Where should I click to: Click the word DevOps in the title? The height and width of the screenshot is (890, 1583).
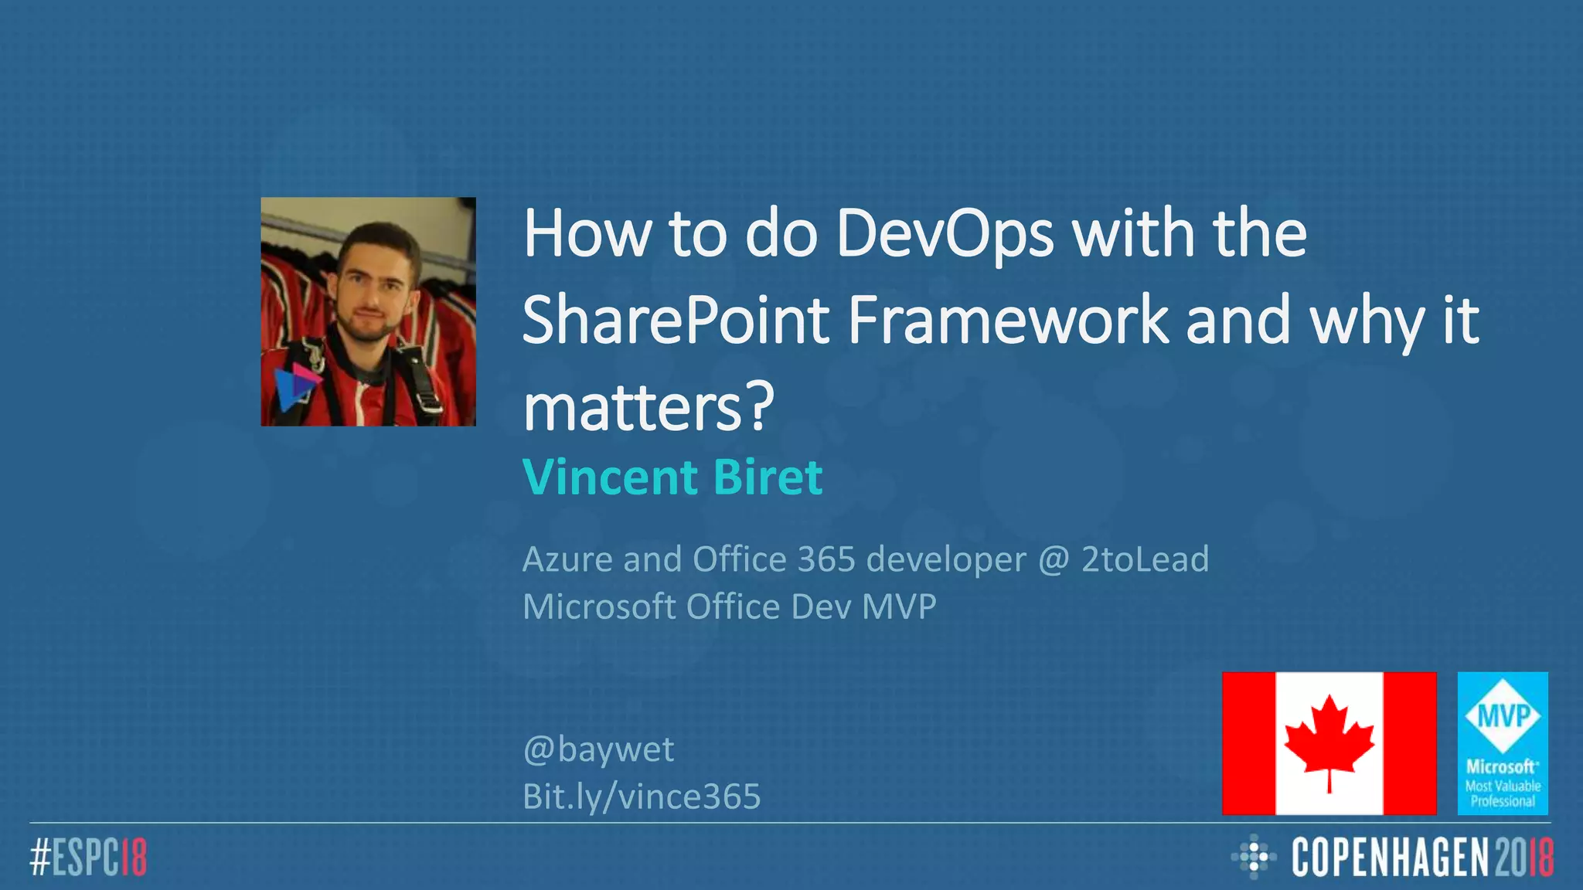coord(945,234)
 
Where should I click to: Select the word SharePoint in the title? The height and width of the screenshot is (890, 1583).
coord(675,321)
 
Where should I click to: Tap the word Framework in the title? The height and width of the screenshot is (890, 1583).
coord(1009,321)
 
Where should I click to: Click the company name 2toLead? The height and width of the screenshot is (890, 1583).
coord(1145,559)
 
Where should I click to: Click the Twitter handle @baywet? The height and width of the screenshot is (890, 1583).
coord(598,749)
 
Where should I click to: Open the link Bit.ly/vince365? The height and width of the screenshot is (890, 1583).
coord(642,797)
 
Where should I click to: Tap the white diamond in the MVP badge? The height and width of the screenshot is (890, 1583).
coord(1503,716)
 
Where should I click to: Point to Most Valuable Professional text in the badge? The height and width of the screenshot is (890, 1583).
coord(1503,793)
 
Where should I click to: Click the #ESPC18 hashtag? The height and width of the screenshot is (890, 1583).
coord(88,858)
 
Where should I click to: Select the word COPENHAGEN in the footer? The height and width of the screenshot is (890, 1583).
coord(1389,858)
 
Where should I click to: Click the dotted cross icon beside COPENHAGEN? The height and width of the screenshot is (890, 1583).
coord(1253,857)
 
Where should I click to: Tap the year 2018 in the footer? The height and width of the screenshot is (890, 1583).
coord(1523,858)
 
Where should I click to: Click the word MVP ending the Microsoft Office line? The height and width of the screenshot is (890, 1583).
coord(898,607)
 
